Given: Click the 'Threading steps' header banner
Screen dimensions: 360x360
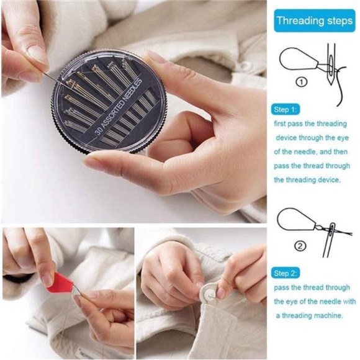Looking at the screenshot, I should (x=314, y=20).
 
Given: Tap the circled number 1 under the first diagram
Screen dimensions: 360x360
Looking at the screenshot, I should (x=300, y=81).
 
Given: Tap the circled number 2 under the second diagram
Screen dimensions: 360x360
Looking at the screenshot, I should (x=300, y=246).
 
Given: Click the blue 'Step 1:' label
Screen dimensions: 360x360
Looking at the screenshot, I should (x=286, y=109).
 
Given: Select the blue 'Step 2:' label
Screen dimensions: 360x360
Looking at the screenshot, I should (x=286, y=273).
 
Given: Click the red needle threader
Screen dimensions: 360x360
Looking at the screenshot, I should (x=61, y=284).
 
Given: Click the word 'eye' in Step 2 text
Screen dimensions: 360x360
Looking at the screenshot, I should (x=282, y=302).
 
